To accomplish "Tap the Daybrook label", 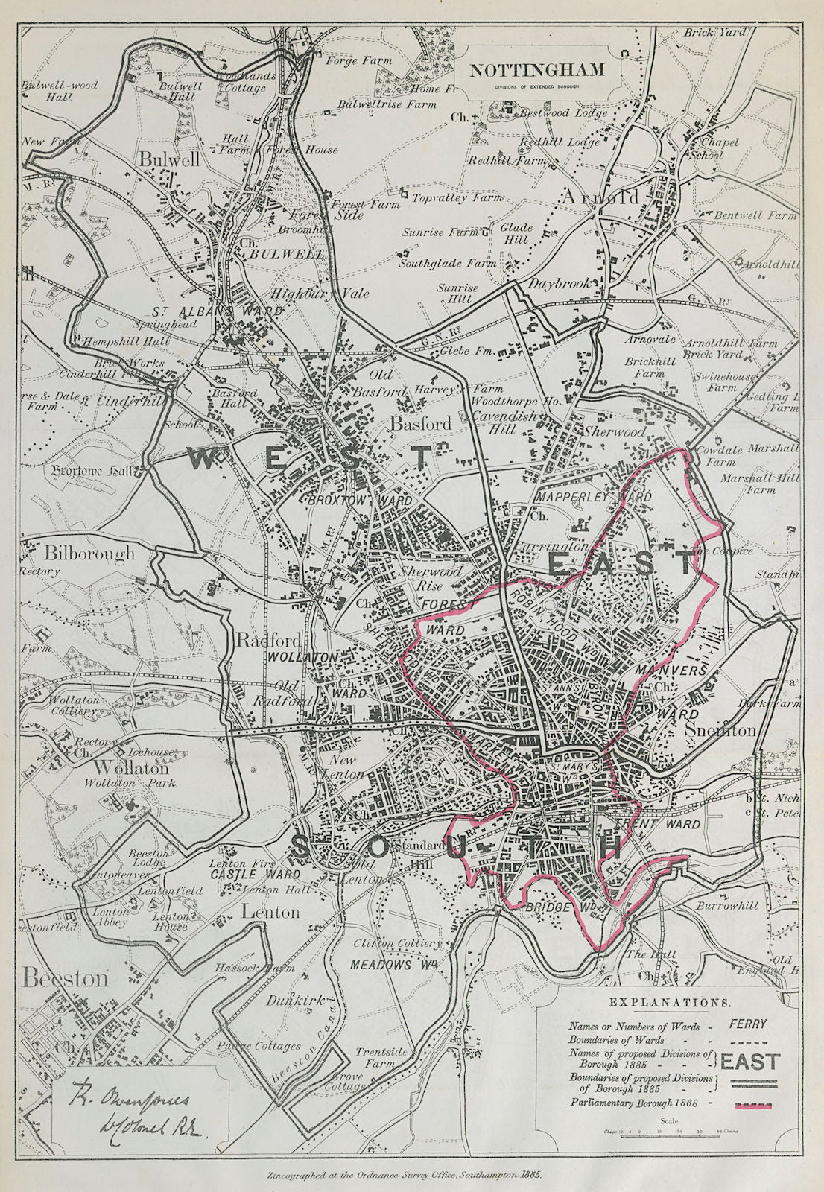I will (560, 284).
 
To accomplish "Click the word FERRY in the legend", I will (748, 1024).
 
